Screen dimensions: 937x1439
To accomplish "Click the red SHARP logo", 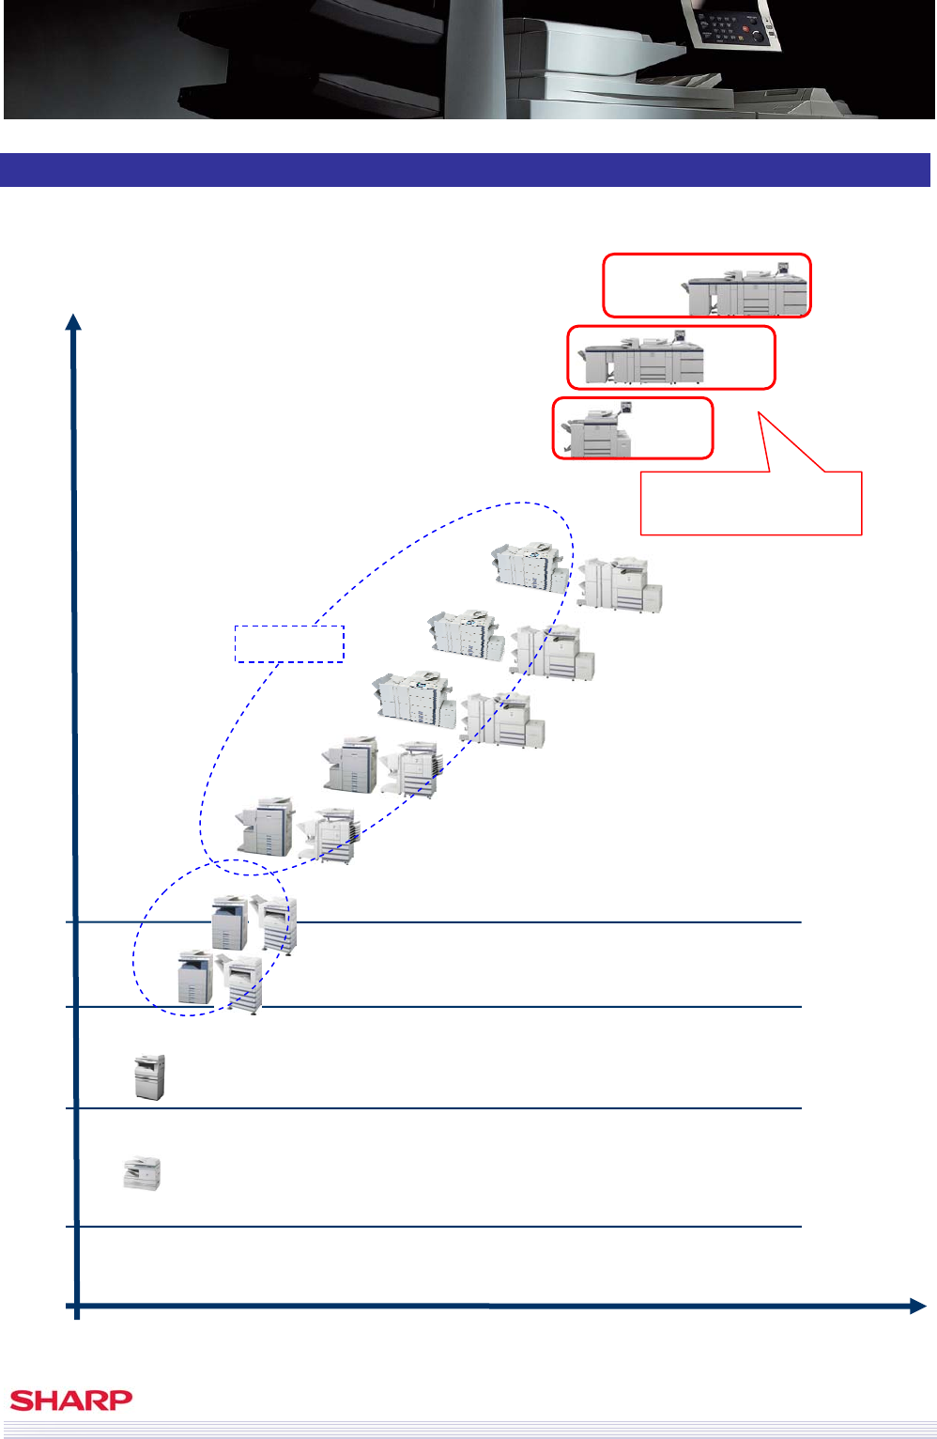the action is (70, 1400).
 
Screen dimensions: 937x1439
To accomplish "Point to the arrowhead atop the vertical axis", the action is (73, 322).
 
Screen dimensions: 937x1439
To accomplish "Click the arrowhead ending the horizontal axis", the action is (917, 1306).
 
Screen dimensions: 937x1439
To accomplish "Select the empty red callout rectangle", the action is (751, 503).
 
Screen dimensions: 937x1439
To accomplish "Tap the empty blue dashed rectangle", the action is (289, 643).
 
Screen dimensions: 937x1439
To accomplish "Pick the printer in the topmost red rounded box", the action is (745, 289).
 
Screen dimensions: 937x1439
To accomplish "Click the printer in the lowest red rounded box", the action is (597, 429).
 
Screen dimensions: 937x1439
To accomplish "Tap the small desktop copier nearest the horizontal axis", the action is (142, 1174).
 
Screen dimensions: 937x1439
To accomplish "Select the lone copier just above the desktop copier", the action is (149, 1077).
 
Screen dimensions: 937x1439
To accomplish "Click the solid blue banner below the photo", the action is (465, 170).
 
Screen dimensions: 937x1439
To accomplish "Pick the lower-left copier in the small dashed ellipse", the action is (195, 977).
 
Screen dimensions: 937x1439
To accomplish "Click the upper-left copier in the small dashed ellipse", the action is (230, 922).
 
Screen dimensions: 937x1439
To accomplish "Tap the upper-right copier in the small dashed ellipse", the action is (275, 924).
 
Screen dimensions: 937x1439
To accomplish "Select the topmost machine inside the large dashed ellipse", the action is (530, 566).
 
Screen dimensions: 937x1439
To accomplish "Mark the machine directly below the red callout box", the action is (620, 584).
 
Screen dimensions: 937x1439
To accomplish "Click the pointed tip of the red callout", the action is (759, 411).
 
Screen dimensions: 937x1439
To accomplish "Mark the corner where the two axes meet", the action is (77, 1306).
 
